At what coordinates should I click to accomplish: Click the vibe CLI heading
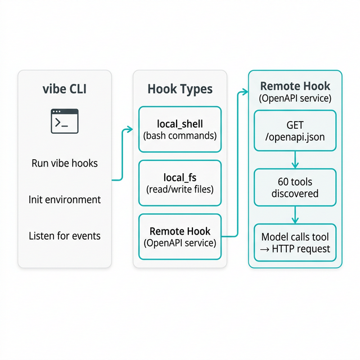(64, 89)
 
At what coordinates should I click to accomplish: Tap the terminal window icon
(64, 121)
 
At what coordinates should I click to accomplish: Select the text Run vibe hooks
(64, 164)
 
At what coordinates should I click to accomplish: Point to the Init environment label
(64, 200)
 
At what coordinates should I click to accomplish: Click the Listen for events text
(64, 236)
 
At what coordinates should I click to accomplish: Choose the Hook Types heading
(180, 89)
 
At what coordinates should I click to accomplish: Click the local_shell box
(180, 129)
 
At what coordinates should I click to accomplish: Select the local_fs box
(180, 183)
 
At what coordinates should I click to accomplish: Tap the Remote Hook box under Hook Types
(180, 237)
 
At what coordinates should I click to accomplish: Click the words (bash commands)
(180, 136)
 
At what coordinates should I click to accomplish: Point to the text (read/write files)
(180, 190)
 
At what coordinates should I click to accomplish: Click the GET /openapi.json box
(295, 130)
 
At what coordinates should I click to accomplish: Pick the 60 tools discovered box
(295, 187)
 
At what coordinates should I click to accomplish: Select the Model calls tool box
(295, 242)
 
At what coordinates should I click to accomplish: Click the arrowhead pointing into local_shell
(130, 129)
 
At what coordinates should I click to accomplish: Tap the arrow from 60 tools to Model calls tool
(295, 215)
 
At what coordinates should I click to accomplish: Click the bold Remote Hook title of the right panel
(295, 87)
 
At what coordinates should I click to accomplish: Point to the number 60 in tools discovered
(284, 182)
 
